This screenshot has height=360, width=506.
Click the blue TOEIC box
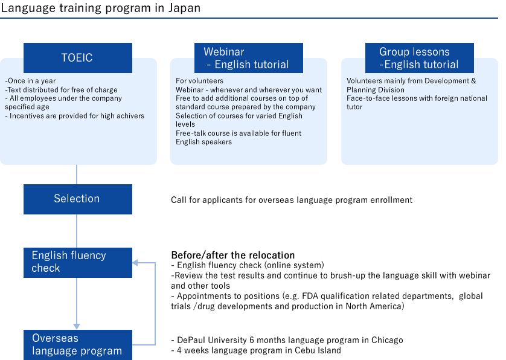(77, 58)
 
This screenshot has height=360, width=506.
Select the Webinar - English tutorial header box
(247, 59)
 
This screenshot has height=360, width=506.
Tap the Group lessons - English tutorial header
(419, 58)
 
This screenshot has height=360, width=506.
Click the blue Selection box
(77, 199)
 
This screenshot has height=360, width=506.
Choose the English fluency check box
(77, 262)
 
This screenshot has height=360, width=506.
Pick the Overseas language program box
(77, 345)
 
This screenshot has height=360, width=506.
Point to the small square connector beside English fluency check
(136, 262)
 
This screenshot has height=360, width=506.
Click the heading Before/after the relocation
(232, 255)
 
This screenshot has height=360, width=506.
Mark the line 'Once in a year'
(30, 81)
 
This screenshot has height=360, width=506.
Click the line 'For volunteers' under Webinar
(199, 81)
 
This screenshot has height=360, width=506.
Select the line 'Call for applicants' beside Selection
(292, 199)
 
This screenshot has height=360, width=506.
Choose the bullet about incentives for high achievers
(74, 115)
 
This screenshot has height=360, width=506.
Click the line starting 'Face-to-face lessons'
(417, 98)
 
